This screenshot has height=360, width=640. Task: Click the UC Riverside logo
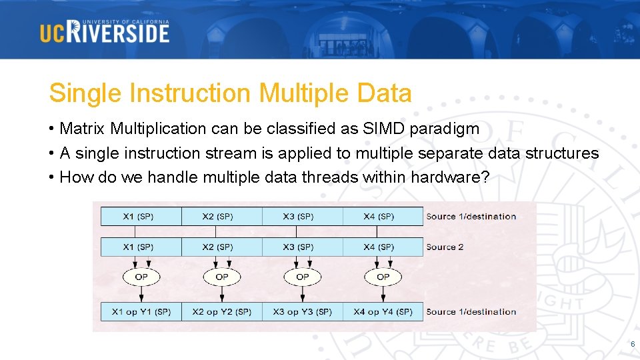(105, 31)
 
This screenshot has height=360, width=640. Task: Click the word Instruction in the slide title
(190, 93)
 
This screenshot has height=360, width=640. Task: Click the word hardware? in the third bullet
(450, 177)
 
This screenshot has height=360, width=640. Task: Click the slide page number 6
(633, 344)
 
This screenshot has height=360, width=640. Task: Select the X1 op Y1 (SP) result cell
(141, 312)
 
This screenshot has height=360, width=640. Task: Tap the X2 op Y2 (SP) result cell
(221, 312)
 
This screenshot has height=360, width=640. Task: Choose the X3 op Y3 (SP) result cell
(303, 312)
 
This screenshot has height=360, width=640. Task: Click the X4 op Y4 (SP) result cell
(383, 312)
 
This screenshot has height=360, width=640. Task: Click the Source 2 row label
(445, 247)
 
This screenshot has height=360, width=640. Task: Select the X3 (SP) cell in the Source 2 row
(303, 247)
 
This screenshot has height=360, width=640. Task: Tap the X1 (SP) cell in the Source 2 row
(141, 247)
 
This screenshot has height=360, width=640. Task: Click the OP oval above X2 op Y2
(221, 277)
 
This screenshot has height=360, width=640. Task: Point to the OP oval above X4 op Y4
(383, 277)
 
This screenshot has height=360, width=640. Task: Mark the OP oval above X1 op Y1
(141, 277)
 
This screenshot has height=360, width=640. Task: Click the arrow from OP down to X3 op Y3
(303, 294)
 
